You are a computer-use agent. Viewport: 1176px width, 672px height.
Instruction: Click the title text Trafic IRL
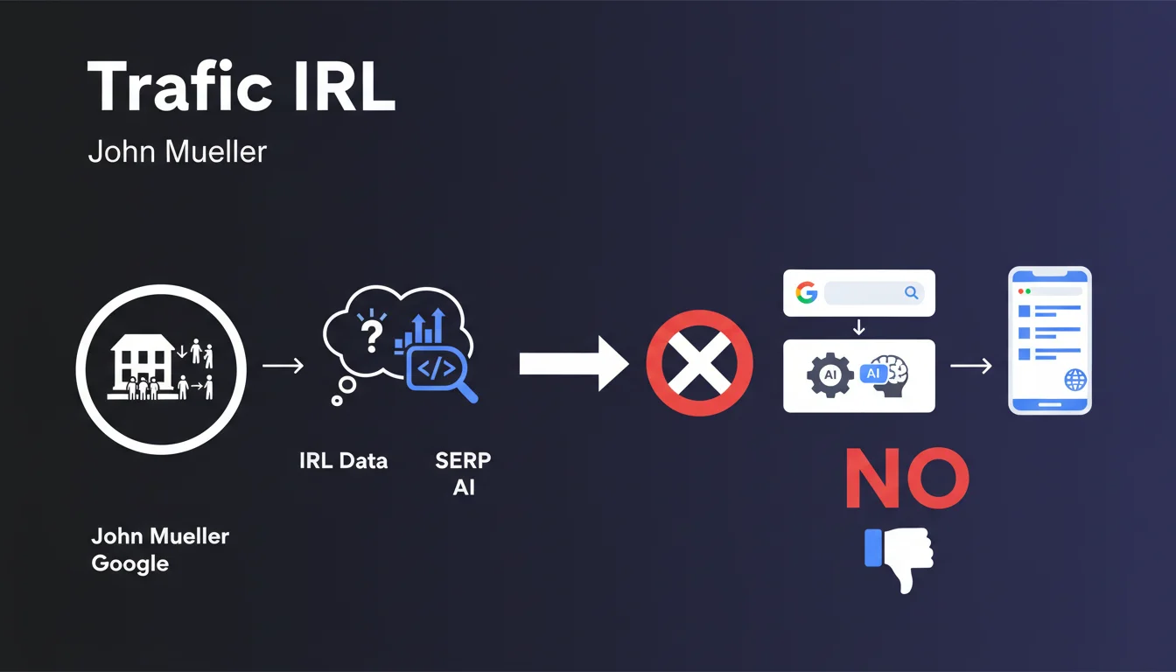click(x=241, y=87)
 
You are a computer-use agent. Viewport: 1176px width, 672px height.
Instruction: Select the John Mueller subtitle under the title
click(x=178, y=151)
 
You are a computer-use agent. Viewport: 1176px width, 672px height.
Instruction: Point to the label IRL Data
click(x=343, y=461)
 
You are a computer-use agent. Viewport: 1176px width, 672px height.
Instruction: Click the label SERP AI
click(x=463, y=473)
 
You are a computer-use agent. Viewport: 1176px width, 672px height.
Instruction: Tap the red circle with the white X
click(x=698, y=363)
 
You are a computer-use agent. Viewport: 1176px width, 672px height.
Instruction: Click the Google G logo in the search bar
click(x=806, y=293)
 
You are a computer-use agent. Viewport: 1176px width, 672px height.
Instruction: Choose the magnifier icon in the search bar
click(x=911, y=293)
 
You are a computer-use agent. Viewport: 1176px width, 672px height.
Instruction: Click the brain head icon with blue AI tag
click(x=885, y=375)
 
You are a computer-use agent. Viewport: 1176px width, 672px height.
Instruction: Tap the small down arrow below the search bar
click(x=858, y=327)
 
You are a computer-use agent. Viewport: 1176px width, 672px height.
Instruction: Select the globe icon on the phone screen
click(x=1074, y=380)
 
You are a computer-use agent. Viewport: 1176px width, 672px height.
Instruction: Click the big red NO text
click(x=906, y=480)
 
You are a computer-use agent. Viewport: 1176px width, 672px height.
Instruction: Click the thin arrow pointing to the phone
click(x=971, y=366)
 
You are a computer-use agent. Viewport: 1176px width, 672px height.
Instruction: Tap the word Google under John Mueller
click(x=129, y=563)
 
